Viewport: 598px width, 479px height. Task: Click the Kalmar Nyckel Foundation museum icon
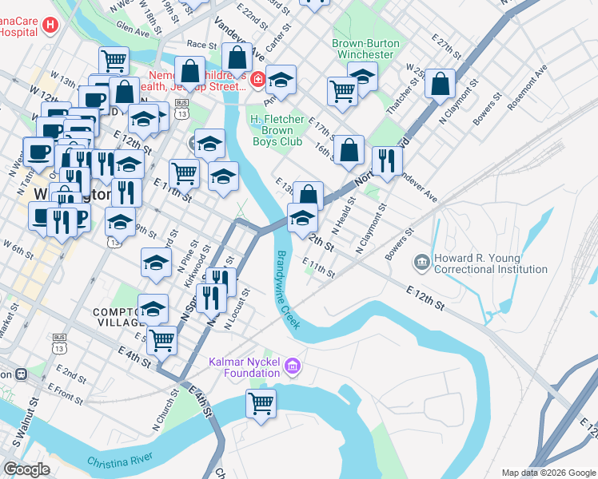coord(293,365)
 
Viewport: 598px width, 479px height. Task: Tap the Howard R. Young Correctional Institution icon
coord(421,262)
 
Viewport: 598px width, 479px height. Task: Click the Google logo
coord(26,469)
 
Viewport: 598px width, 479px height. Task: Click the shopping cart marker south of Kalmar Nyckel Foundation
coord(261,404)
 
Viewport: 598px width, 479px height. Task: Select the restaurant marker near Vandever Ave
coord(387,161)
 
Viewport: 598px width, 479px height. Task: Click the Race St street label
coord(196,45)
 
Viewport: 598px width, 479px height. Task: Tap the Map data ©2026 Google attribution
coord(548,473)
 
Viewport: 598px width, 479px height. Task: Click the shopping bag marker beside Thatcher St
coord(440,85)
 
